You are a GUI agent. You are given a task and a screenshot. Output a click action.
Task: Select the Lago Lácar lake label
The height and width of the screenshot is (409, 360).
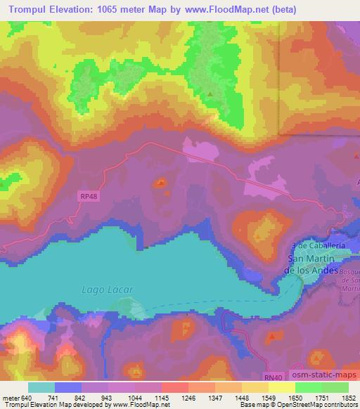click(97, 290)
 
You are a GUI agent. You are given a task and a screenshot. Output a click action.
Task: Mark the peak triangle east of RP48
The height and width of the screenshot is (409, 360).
click(162, 183)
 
